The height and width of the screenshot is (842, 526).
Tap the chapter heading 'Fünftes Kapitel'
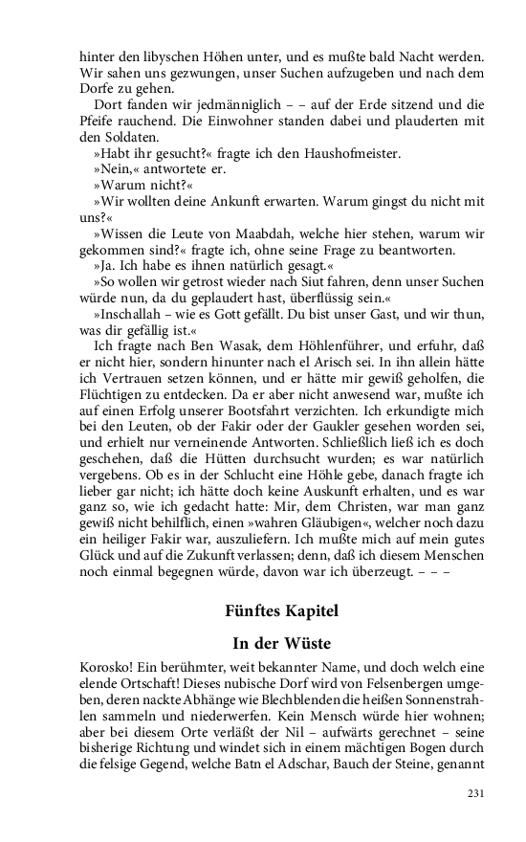[x=282, y=610]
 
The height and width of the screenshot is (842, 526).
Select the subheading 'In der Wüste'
[x=282, y=644]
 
